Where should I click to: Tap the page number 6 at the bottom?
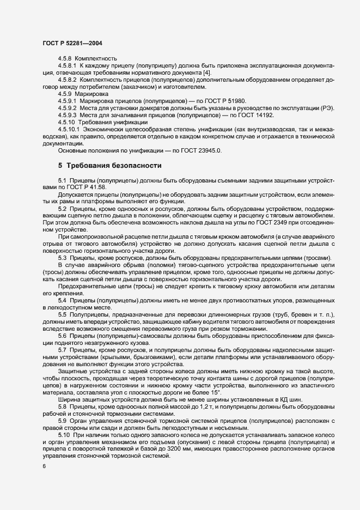pyautogui.click(x=44, y=466)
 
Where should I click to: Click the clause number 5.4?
pyautogui.click(x=62, y=300)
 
